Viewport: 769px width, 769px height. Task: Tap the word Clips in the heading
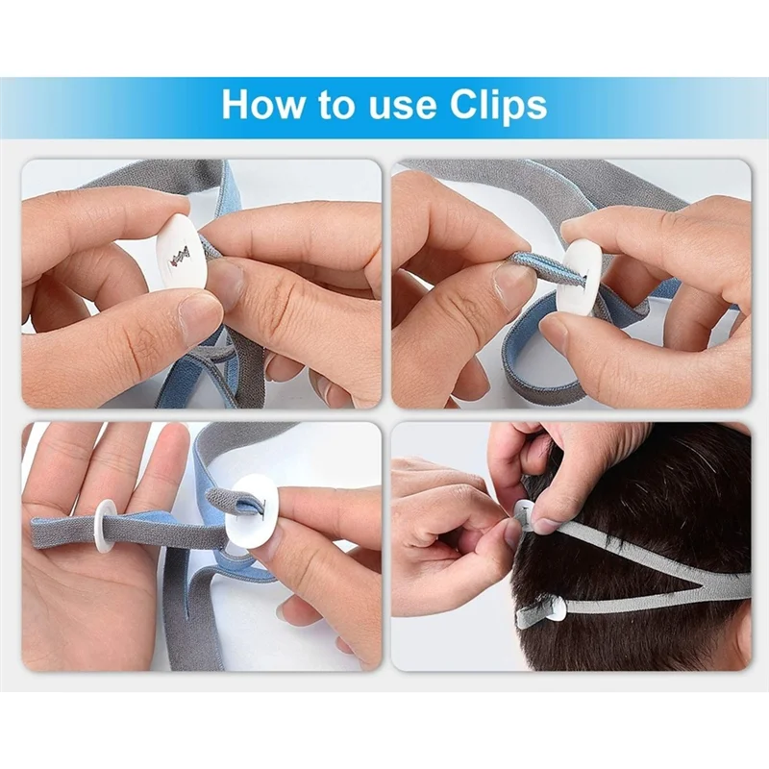[x=498, y=105]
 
